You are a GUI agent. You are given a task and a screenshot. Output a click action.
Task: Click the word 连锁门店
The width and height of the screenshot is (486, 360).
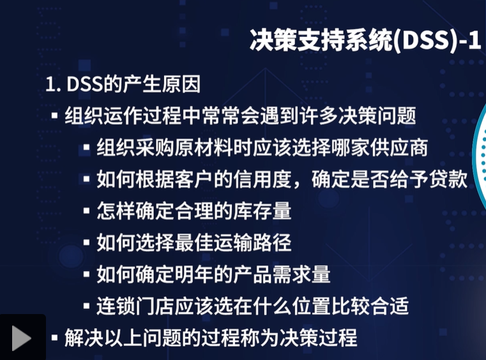click(x=127, y=306)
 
